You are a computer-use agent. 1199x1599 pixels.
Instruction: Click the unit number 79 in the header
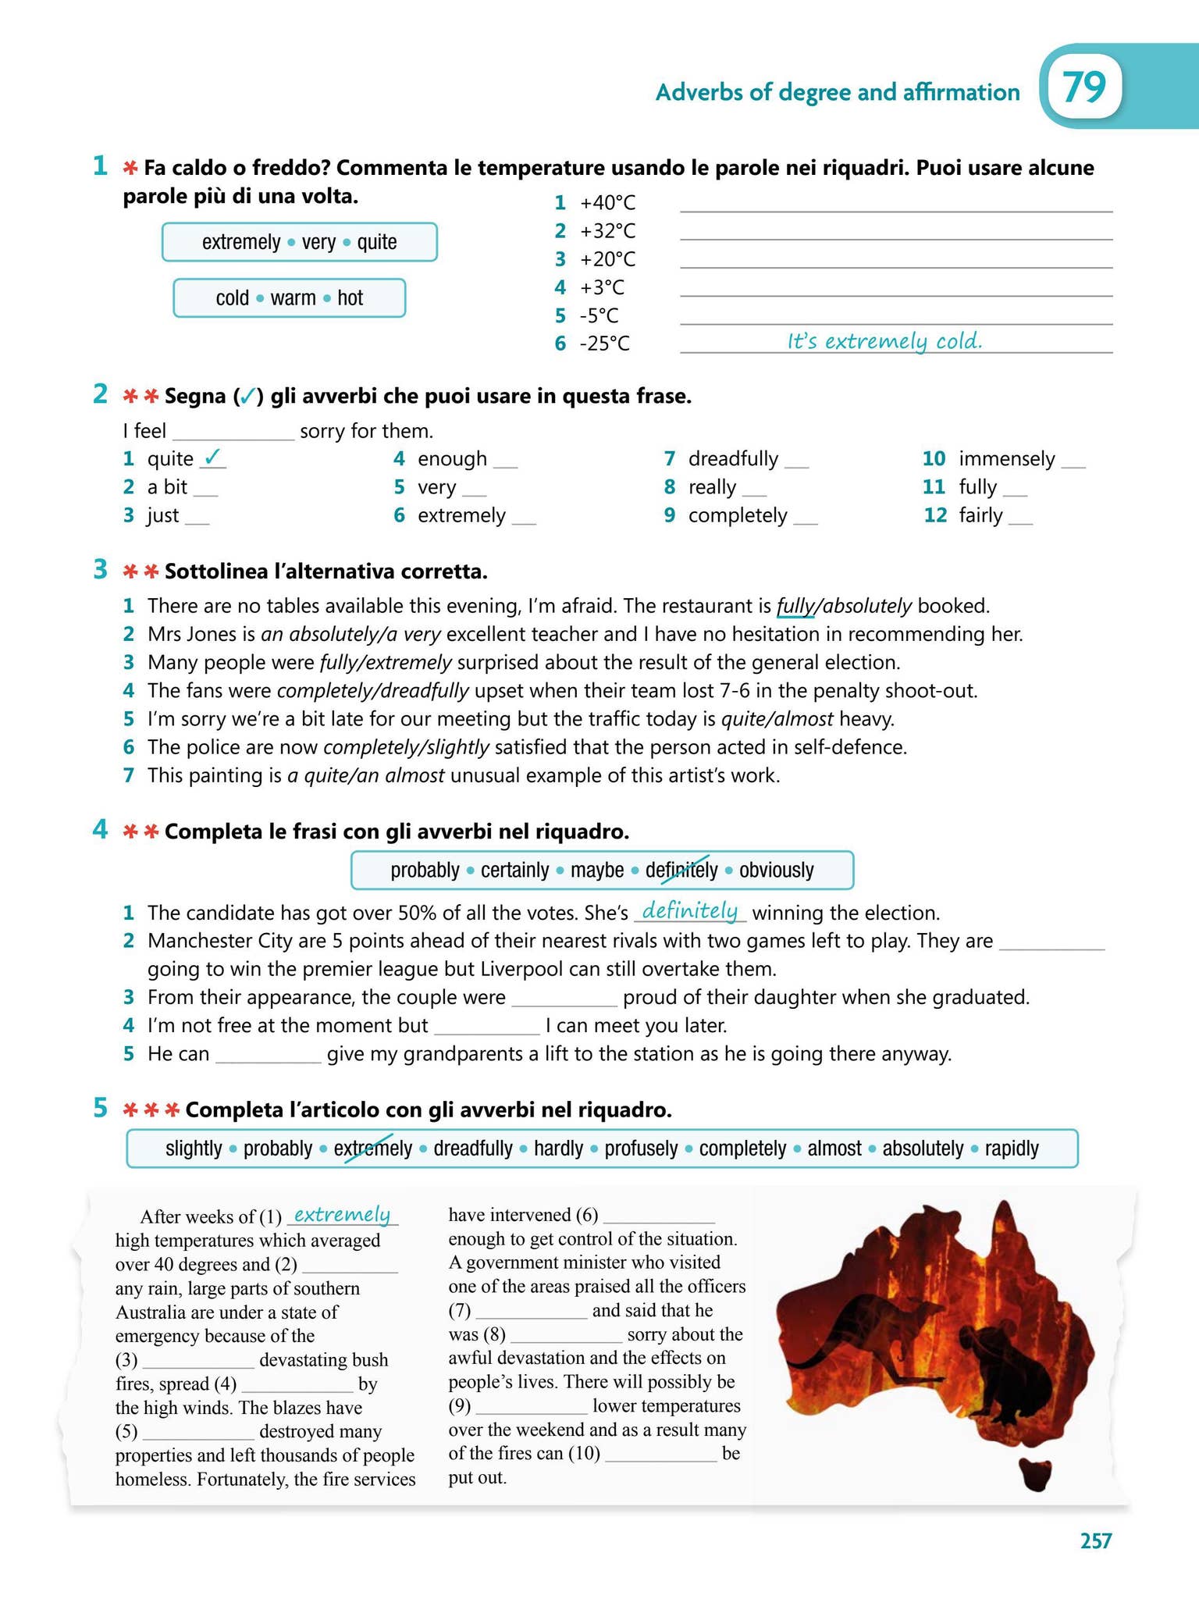1083,88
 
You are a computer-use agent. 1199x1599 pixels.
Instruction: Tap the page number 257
1095,1540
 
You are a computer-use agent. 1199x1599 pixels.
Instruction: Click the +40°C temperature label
607,203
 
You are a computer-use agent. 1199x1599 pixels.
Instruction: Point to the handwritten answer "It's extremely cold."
884,341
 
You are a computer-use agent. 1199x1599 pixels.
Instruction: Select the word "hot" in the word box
350,298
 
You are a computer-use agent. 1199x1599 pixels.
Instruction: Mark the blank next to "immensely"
1073,461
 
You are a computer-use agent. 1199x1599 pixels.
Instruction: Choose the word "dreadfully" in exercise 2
733,459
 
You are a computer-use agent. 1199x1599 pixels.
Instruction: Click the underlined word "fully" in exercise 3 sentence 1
794,606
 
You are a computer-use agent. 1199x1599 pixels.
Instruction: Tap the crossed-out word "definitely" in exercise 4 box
681,870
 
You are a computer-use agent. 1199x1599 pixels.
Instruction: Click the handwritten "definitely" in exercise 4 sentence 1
689,910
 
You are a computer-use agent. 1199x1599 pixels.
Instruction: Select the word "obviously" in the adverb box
776,870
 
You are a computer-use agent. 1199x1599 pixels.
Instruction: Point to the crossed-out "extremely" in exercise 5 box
372,1149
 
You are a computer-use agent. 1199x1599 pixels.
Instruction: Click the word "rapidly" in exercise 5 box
1012,1149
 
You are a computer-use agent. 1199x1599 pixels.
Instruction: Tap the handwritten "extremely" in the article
342,1214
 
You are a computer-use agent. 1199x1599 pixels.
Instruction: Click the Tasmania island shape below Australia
1036,1475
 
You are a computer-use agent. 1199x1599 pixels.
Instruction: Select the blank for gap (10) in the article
660,1455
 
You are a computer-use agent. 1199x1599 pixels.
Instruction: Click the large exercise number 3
100,569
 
